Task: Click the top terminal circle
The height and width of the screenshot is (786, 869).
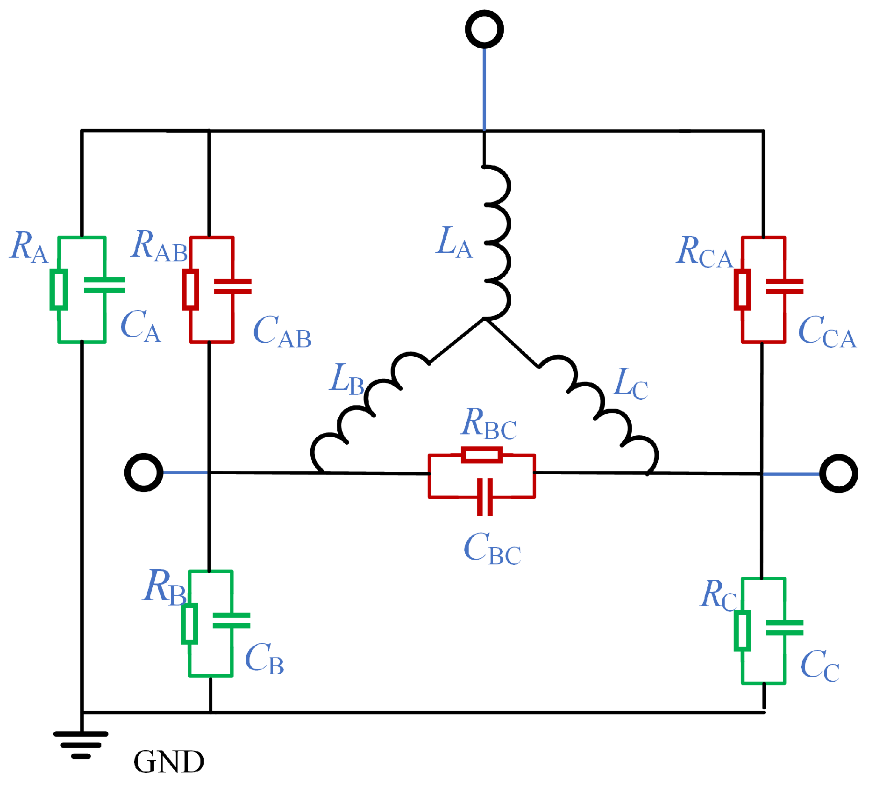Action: [x=484, y=29]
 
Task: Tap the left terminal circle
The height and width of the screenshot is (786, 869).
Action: [x=143, y=472]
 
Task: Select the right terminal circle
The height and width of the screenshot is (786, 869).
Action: [x=838, y=473]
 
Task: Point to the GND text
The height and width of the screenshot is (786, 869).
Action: [x=169, y=762]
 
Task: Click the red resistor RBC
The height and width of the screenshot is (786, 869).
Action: [x=482, y=454]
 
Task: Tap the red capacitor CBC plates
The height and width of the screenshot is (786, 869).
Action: [x=485, y=497]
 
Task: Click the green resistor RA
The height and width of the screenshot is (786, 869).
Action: [x=58, y=289]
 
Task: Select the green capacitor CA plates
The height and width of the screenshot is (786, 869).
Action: [x=104, y=285]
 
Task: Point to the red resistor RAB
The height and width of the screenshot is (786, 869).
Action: [x=190, y=289]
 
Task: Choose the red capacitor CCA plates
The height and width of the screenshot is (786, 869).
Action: [x=784, y=286]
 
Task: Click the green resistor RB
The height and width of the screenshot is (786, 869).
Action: [x=189, y=623]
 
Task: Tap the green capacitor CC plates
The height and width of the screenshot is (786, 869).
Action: [x=784, y=627]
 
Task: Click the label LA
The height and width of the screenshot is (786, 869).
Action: [x=454, y=242]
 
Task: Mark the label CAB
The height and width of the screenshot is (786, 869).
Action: [x=282, y=332]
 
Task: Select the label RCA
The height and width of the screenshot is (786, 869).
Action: [x=705, y=252]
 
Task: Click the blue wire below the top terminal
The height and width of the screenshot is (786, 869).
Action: [x=484, y=89]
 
